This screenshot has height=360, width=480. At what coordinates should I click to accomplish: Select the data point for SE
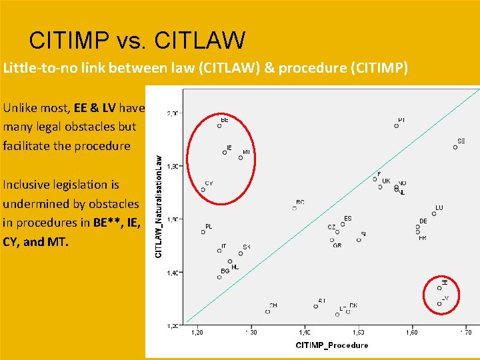pyautogui.click(x=455, y=147)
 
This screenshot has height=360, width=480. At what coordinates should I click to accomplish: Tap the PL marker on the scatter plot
pyautogui.click(x=203, y=232)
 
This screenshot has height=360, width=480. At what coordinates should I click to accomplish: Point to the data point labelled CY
pyautogui.click(x=203, y=189)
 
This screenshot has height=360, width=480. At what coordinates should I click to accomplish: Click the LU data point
pyautogui.click(x=434, y=214)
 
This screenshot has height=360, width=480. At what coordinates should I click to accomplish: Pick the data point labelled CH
pyautogui.click(x=268, y=311)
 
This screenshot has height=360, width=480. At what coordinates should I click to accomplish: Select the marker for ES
pyautogui.click(x=343, y=224)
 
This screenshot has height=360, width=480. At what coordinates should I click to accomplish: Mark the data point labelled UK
pyautogui.click(x=381, y=187)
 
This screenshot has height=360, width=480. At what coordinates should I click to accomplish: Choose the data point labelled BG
pyautogui.click(x=219, y=277)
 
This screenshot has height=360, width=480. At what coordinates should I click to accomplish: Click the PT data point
pyautogui.click(x=397, y=125)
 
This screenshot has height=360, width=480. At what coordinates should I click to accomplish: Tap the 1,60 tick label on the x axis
pyautogui.click(x=412, y=332)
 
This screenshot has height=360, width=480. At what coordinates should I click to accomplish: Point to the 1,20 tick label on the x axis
pyautogui.click(x=198, y=332)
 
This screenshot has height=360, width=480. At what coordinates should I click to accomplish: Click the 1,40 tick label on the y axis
pyautogui.click(x=173, y=272)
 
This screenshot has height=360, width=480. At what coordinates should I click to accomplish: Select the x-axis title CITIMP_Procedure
pyautogui.click(x=331, y=345)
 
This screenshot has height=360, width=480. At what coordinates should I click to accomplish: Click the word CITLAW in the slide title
pyautogui.click(x=199, y=41)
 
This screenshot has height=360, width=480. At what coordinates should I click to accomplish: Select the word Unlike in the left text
pyautogui.click(x=21, y=107)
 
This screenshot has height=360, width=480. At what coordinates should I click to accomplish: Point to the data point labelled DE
pyautogui.click(x=417, y=227)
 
